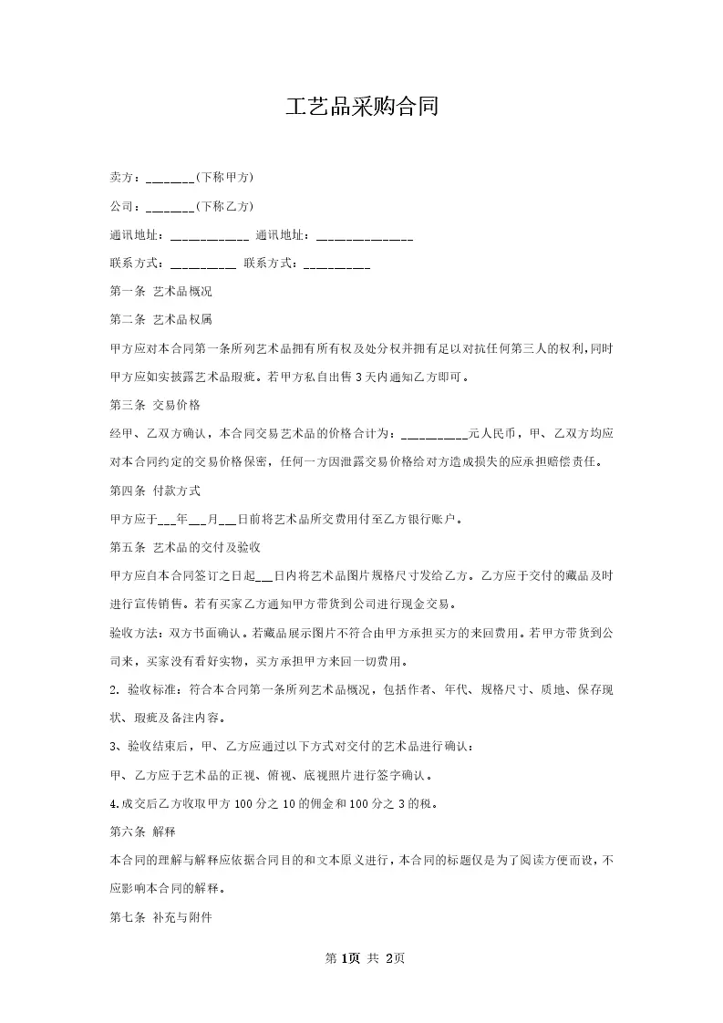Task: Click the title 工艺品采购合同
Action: [x=361, y=108]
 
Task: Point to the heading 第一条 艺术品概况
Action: [x=160, y=292]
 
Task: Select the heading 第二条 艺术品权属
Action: [x=160, y=320]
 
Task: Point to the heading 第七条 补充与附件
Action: [x=160, y=917]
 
